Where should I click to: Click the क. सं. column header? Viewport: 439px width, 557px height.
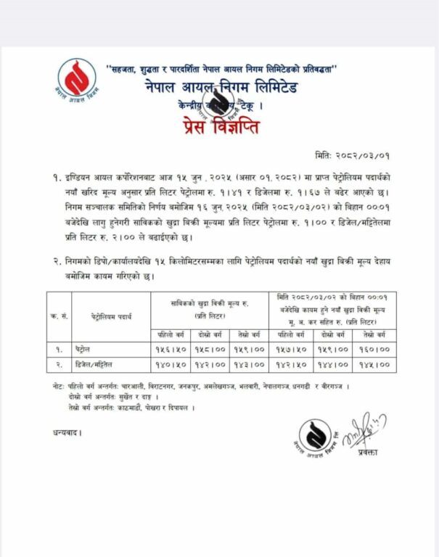[x=55, y=317]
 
